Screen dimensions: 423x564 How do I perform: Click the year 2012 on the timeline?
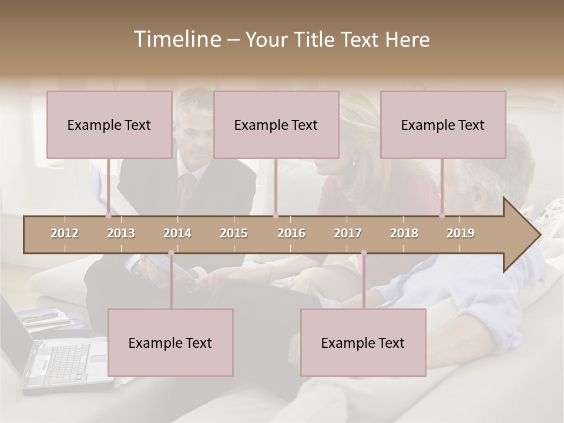[65, 233]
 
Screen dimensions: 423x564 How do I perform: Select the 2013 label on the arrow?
[121, 233]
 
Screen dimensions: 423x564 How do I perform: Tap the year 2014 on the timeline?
[177, 233]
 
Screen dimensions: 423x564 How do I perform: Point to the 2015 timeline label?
[234, 233]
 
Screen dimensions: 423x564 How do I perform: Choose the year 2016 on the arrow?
[291, 233]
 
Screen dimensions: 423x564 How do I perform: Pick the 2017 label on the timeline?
[348, 233]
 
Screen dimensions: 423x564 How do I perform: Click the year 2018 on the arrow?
[404, 233]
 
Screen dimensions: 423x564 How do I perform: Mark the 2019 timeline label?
[461, 233]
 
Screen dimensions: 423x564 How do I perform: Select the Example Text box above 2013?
[109, 125]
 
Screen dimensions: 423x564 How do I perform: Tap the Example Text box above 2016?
[276, 125]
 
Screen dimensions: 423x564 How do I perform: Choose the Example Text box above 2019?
[443, 125]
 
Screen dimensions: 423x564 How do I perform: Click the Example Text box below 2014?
[170, 343]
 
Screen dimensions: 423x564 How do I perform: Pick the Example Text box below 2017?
[363, 343]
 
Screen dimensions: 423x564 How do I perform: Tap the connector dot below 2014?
[171, 253]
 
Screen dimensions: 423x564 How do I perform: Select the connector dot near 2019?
[442, 215]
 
